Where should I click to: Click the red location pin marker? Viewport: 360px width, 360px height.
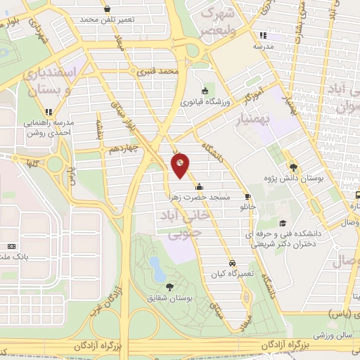pos(180,165)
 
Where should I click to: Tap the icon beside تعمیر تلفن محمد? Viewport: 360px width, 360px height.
pos(107,9)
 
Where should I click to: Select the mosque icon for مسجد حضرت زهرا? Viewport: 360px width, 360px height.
pos(200,187)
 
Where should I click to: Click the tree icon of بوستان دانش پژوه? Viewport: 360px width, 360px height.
pos(293,167)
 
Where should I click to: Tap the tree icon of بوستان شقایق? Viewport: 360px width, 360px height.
pos(170,285)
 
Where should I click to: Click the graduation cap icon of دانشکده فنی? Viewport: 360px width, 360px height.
pos(283,223)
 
